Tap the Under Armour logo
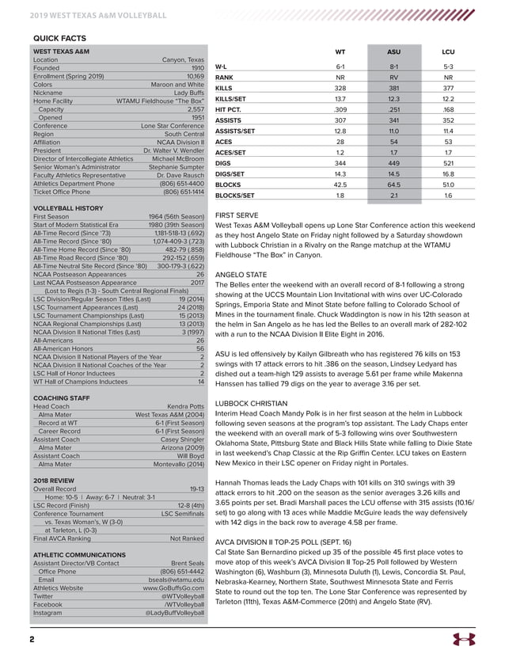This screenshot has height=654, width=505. [x=463, y=638]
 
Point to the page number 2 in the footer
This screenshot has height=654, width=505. [x=32, y=638]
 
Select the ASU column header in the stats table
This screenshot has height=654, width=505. [x=393, y=51]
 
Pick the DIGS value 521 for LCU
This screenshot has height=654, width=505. [x=448, y=162]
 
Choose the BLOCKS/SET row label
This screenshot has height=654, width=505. [x=235, y=195]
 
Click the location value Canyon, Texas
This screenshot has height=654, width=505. [x=183, y=60]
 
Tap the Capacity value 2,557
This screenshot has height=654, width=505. [x=193, y=109]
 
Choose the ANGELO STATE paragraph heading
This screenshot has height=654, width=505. [x=243, y=273]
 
